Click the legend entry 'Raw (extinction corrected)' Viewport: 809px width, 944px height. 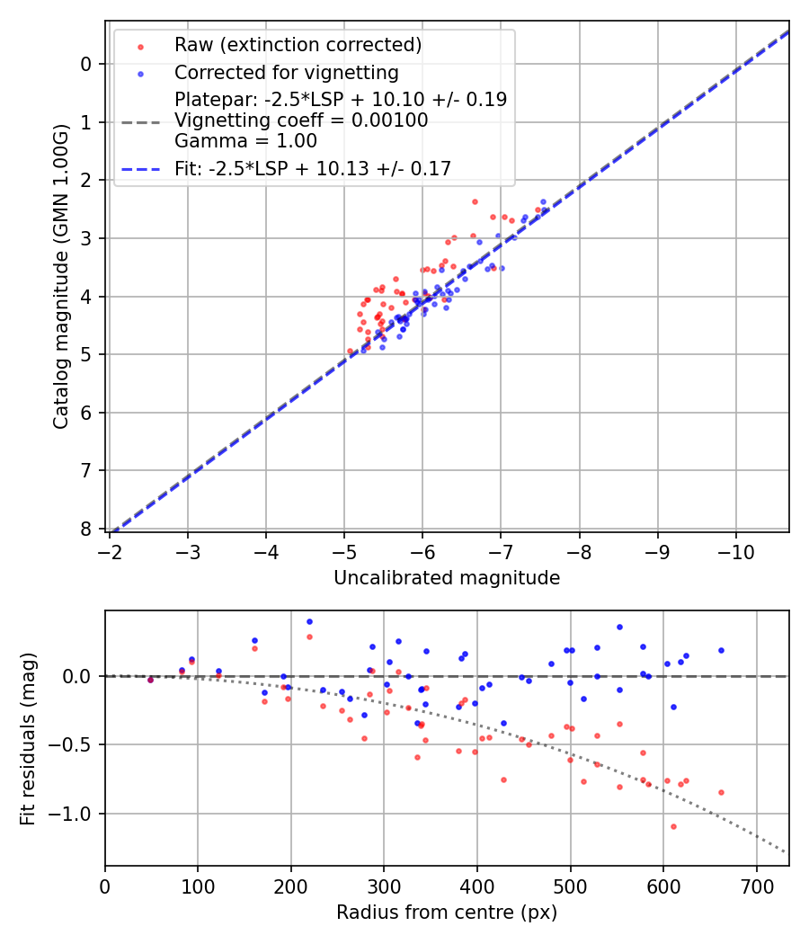(x=298, y=45)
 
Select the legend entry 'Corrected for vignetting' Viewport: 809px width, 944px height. (x=286, y=72)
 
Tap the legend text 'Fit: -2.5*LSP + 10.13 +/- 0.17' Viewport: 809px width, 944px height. (x=312, y=168)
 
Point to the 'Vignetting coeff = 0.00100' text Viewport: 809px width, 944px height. (x=301, y=120)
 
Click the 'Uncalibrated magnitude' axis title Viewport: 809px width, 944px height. (x=447, y=578)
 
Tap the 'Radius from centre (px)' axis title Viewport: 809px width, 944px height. (x=447, y=913)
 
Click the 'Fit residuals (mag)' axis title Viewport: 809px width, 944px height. (x=28, y=738)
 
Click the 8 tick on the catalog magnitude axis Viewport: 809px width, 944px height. (x=85, y=529)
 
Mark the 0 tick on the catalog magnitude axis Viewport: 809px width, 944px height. (x=85, y=64)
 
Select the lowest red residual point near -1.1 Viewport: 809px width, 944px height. (x=673, y=826)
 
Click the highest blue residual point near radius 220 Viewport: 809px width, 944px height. (x=309, y=621)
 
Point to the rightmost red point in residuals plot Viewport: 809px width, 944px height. (x=721, y=792)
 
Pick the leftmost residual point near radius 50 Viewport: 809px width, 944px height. (x=150, y=680)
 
